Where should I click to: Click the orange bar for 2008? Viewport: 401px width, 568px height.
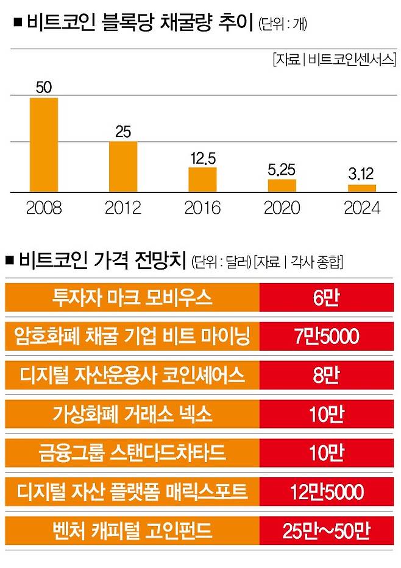click(44, 145)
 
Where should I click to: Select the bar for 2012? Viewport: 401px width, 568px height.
click(123, 167)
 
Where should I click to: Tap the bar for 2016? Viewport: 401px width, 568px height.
click(202, 180)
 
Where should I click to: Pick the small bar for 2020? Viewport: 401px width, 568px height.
click(282, 186)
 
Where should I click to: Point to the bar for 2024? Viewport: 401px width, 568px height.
click(361, 188)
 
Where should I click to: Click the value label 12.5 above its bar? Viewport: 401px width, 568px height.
click(202, 158)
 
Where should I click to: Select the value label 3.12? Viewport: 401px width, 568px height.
click(361, 175)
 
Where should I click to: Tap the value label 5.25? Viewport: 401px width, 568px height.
click(282, 170)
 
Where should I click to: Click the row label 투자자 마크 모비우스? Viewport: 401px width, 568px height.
click(132, 297)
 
